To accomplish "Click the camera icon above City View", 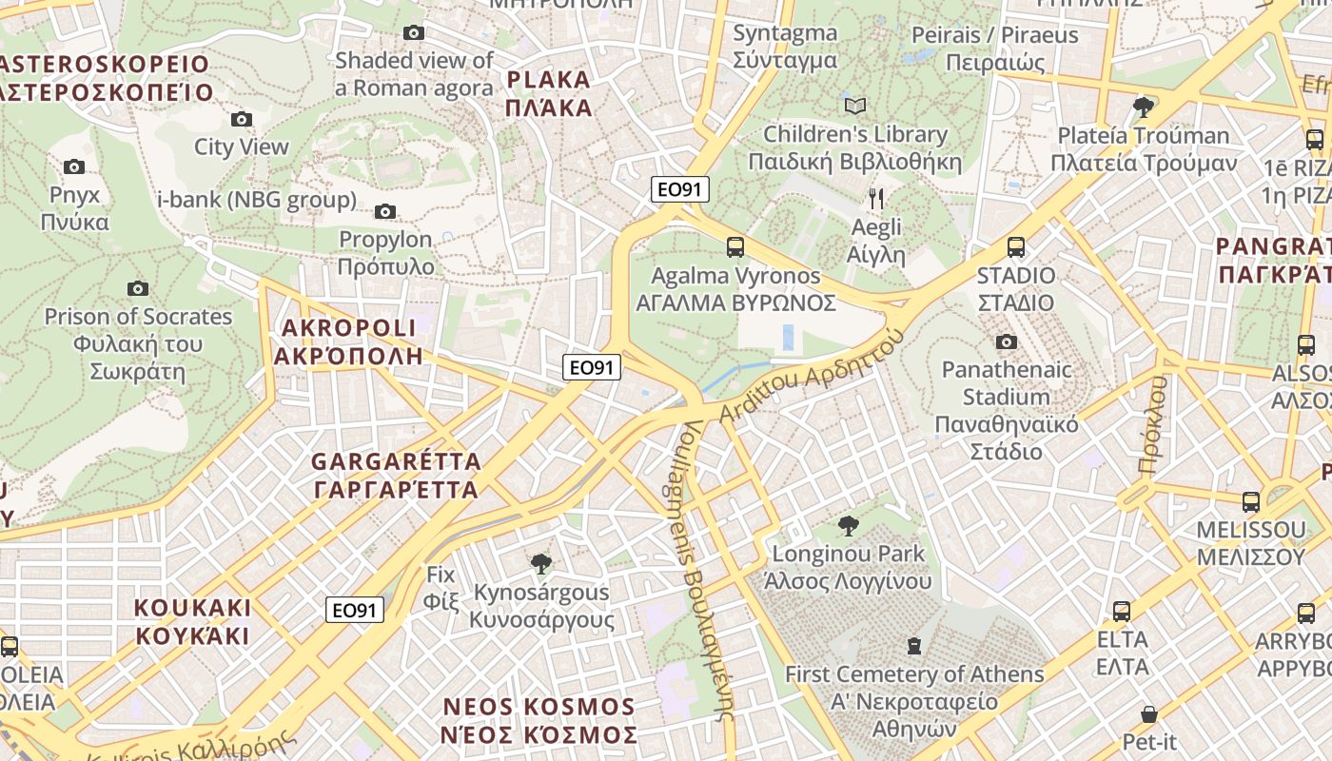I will [x=242, y=119].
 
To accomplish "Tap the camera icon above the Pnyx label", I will [x=74, y=166].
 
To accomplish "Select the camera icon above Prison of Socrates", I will [x=138, y=288].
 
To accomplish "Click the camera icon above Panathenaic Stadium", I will [x=1007, y=341].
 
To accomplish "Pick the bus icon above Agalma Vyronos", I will [x=735, y=247].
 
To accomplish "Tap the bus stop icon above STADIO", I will [x=1016, y=247].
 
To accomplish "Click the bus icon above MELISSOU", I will [x=1251, y=501].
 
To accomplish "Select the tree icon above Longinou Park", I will [x=848, y=525].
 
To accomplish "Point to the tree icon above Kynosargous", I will [x=541, y=564].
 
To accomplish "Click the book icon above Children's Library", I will [x=855, y=106].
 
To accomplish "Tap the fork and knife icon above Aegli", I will [x=876, y=199].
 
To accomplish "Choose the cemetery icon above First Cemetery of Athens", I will [x=914, y=646].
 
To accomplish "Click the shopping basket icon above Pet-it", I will [x=1149, y=713].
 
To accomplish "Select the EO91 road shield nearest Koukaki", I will [x=355, y=610].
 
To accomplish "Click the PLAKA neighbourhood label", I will [x=549, y=93].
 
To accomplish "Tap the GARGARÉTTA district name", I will [x=396, y=476].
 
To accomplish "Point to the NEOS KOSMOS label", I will [x=539, y=720].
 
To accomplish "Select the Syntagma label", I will [x=785, y=47].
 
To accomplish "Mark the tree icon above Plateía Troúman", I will [x=1144, y=107].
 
